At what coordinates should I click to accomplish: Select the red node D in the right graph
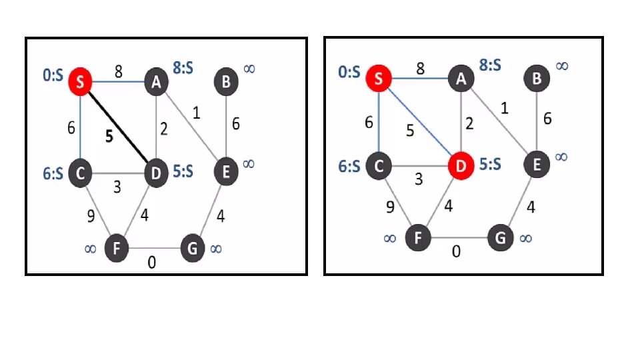click(460, 165)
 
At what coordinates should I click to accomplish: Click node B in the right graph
click(537, 79)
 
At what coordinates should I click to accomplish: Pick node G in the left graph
click(192, 249)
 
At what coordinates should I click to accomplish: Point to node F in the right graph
click(418, 237)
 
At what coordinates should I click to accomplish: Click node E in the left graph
click(227, 173)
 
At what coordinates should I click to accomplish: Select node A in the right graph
click(460, 79)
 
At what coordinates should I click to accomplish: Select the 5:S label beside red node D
click(490, 163)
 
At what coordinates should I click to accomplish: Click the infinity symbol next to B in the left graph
click(249, 68)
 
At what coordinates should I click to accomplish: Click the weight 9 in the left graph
click(91, 215)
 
